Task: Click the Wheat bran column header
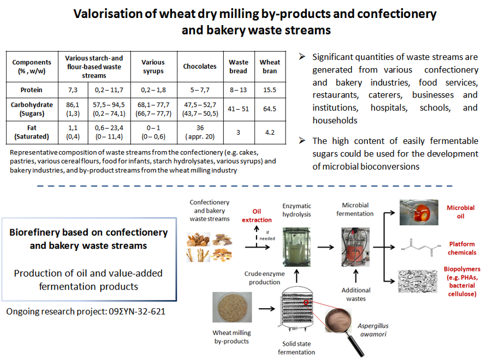(270, 67)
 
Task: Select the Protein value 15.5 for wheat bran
(270, 90)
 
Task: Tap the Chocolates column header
(200, 67)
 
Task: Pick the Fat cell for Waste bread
(238, 133)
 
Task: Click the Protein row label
(31, 90)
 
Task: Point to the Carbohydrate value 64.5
(270, 109)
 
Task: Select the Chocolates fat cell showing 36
(200, 132)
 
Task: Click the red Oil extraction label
(257, 215)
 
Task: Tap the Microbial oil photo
(419, 212)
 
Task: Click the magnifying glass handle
(355, 345)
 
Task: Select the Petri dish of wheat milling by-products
(232, 307)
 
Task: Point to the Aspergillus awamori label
(373, 330)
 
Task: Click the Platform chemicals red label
(462, 248)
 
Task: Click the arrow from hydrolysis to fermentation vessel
(325, 247)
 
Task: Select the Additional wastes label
(356, 295)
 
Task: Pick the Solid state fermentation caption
(296, 348)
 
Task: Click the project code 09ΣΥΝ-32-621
(137, 311)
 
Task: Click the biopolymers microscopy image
(418, 281)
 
